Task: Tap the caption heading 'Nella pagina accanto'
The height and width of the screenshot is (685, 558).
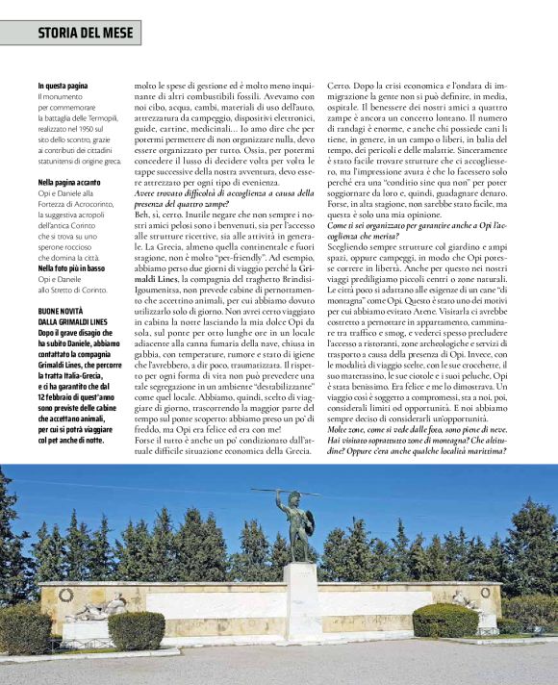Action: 70,181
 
